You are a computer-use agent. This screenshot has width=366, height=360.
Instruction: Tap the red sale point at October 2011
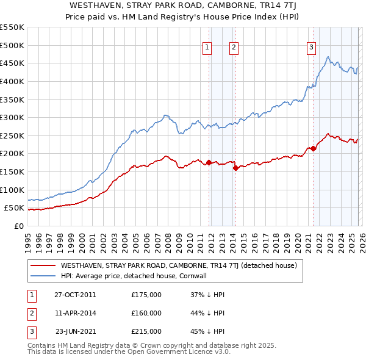click(x=209, y=162)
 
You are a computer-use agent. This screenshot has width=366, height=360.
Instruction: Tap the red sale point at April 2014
click(x=235, y=168)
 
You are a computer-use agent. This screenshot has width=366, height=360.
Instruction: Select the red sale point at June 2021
click(x=313, y=148)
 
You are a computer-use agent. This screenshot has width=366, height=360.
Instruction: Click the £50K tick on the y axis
click(x=15, y=208)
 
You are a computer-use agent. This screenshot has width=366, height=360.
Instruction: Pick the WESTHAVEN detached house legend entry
click(x=178, y=265)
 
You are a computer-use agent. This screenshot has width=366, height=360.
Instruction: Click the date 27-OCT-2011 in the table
click(x=75, y=295)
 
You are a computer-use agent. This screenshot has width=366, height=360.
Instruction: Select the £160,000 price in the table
click(x=146, y=313)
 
